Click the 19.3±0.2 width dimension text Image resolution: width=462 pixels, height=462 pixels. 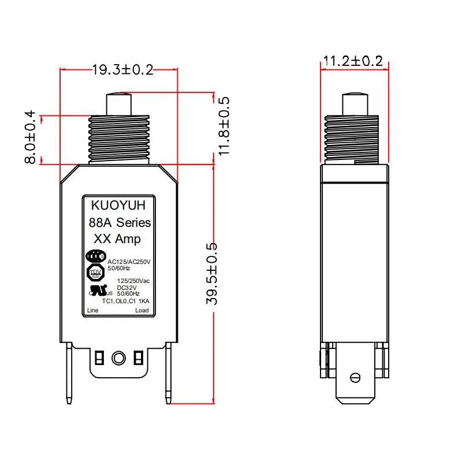coord(122,70)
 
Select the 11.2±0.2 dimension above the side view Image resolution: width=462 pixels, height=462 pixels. coord(353,61)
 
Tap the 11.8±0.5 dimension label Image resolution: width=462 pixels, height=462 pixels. coord(224,126)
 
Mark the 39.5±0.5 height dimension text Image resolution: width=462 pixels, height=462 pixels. coord(214,273)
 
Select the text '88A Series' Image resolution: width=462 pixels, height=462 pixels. coord(120,222)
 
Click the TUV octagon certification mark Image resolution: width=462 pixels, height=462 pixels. coord(94,272)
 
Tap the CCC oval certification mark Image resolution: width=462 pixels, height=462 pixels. coord(95,256)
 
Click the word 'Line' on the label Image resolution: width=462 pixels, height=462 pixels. coord(92,311)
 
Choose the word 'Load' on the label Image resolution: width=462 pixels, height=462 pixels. coord(141,311)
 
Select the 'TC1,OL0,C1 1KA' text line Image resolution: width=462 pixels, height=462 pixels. coord(125,301)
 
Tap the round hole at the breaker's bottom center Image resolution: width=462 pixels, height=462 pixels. coord(118,357)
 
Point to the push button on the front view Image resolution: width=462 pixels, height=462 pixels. coord(118,104)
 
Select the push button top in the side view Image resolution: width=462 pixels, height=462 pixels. coord(354,104)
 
